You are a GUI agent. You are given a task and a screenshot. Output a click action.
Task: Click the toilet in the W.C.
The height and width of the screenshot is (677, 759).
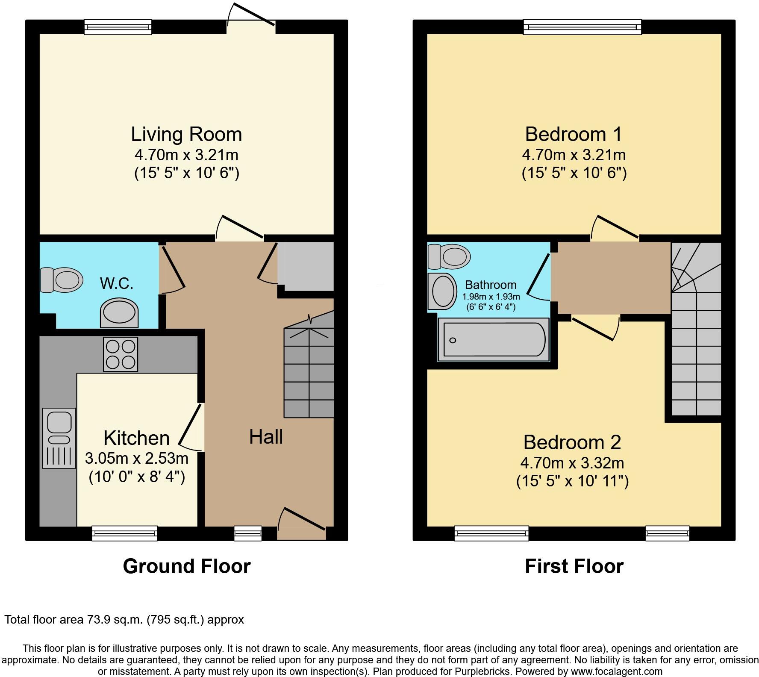pos(62,280)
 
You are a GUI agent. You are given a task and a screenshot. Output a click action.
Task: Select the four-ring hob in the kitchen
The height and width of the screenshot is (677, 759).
pos(121,354)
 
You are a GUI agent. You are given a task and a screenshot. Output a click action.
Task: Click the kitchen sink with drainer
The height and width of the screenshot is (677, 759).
pos(59,438)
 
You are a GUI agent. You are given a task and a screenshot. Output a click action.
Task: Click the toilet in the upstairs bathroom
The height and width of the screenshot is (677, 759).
pos(449,256)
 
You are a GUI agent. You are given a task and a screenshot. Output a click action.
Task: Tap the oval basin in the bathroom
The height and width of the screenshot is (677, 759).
pos(443,291)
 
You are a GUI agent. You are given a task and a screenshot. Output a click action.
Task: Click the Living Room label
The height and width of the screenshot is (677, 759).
pos(186,134)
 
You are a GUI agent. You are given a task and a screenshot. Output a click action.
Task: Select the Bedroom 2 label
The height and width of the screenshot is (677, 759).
pos(572,442)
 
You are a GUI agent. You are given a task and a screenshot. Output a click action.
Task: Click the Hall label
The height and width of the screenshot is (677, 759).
pos(266,437)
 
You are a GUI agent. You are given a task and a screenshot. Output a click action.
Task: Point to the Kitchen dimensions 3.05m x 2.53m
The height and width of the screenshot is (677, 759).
pos(137,458)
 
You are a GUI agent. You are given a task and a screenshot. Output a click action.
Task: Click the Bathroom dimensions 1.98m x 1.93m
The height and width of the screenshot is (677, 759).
pos(491,297)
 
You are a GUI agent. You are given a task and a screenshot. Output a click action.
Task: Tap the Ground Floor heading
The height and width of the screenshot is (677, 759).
pos(186,566)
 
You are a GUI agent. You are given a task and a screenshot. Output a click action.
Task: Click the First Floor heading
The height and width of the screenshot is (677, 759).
pos(574,566)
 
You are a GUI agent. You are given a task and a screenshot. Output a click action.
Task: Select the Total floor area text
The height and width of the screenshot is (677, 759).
pos(124,620)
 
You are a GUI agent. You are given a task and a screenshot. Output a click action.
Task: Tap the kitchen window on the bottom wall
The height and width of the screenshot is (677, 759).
pos(125,533)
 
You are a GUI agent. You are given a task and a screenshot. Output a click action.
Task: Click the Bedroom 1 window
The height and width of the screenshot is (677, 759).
pos(582,27)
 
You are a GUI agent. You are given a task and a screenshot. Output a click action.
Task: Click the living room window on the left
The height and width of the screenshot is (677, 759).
pos(118,27)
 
